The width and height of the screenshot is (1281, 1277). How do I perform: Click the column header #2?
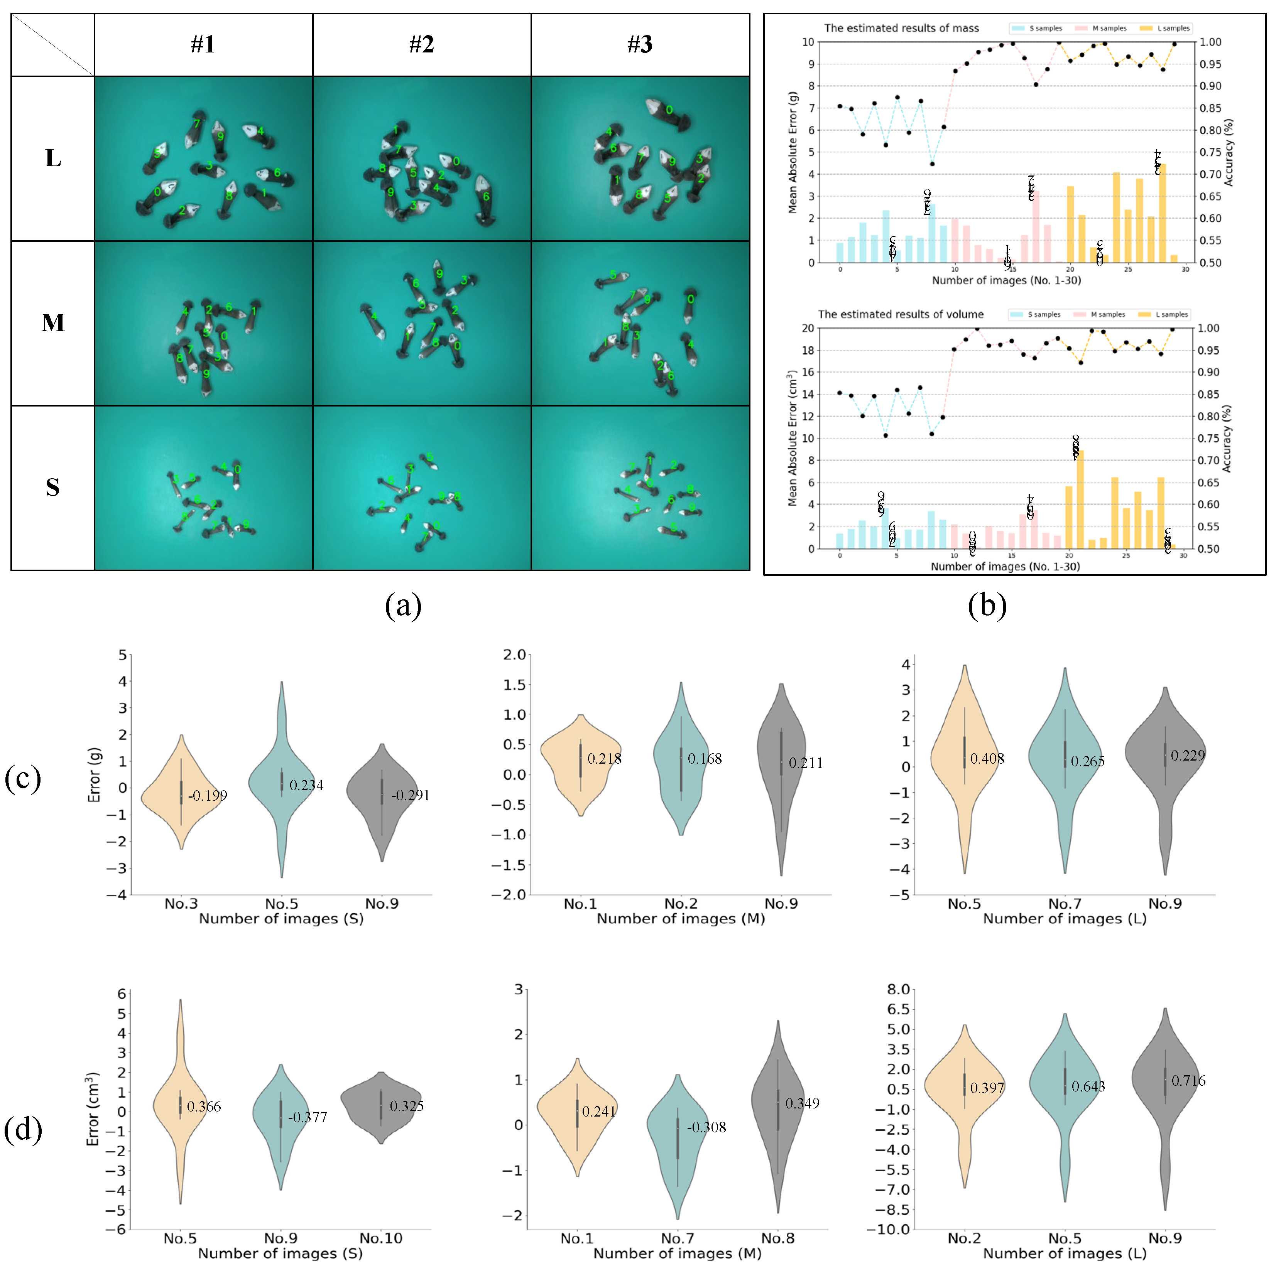[422, 44]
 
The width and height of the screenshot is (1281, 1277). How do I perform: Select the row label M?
[53, 323]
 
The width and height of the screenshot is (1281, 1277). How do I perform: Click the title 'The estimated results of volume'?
[901, 314]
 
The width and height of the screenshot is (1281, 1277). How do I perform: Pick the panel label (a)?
[403, 605]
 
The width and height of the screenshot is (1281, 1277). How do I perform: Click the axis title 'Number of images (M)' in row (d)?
[677, 1253]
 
